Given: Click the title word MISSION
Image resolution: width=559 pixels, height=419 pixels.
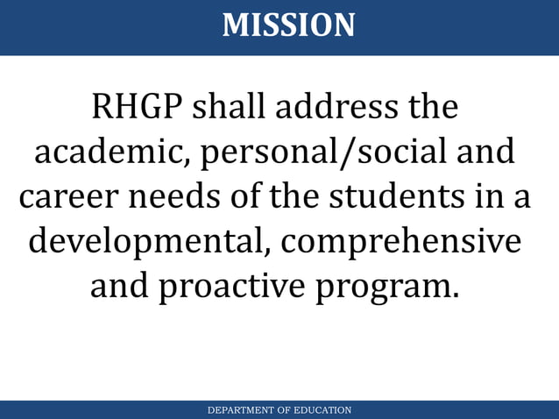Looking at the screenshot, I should point(288,25).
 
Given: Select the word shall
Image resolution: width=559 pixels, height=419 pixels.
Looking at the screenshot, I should point(227,108).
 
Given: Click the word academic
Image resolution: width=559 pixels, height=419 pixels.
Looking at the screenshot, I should point(113,153).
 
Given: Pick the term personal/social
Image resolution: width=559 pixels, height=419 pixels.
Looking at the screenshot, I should point(321,154).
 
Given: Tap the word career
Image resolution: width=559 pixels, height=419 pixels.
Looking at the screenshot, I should point(68,196).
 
